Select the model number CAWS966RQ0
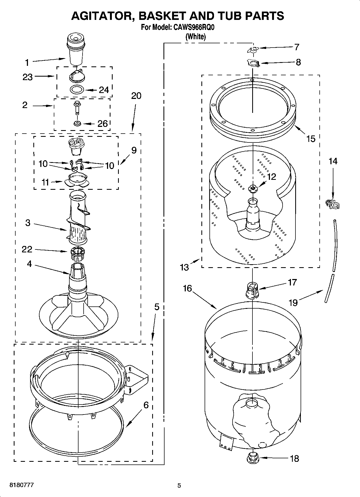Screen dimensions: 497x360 coord(193,28)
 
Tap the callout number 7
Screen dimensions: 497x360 coord(297,47)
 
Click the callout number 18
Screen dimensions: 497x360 coord(295,458)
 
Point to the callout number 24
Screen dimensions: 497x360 coord(104,90)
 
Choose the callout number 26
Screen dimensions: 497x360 coord(102,124)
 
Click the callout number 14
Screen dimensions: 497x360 coord(333,161)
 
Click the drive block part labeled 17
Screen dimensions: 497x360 coord(252,290)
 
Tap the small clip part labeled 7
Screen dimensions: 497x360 coord(252,49)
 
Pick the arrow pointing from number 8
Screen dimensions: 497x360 coord(277,63)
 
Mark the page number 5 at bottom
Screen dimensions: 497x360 coord(179,485)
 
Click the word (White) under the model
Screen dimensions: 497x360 coord(195,37)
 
